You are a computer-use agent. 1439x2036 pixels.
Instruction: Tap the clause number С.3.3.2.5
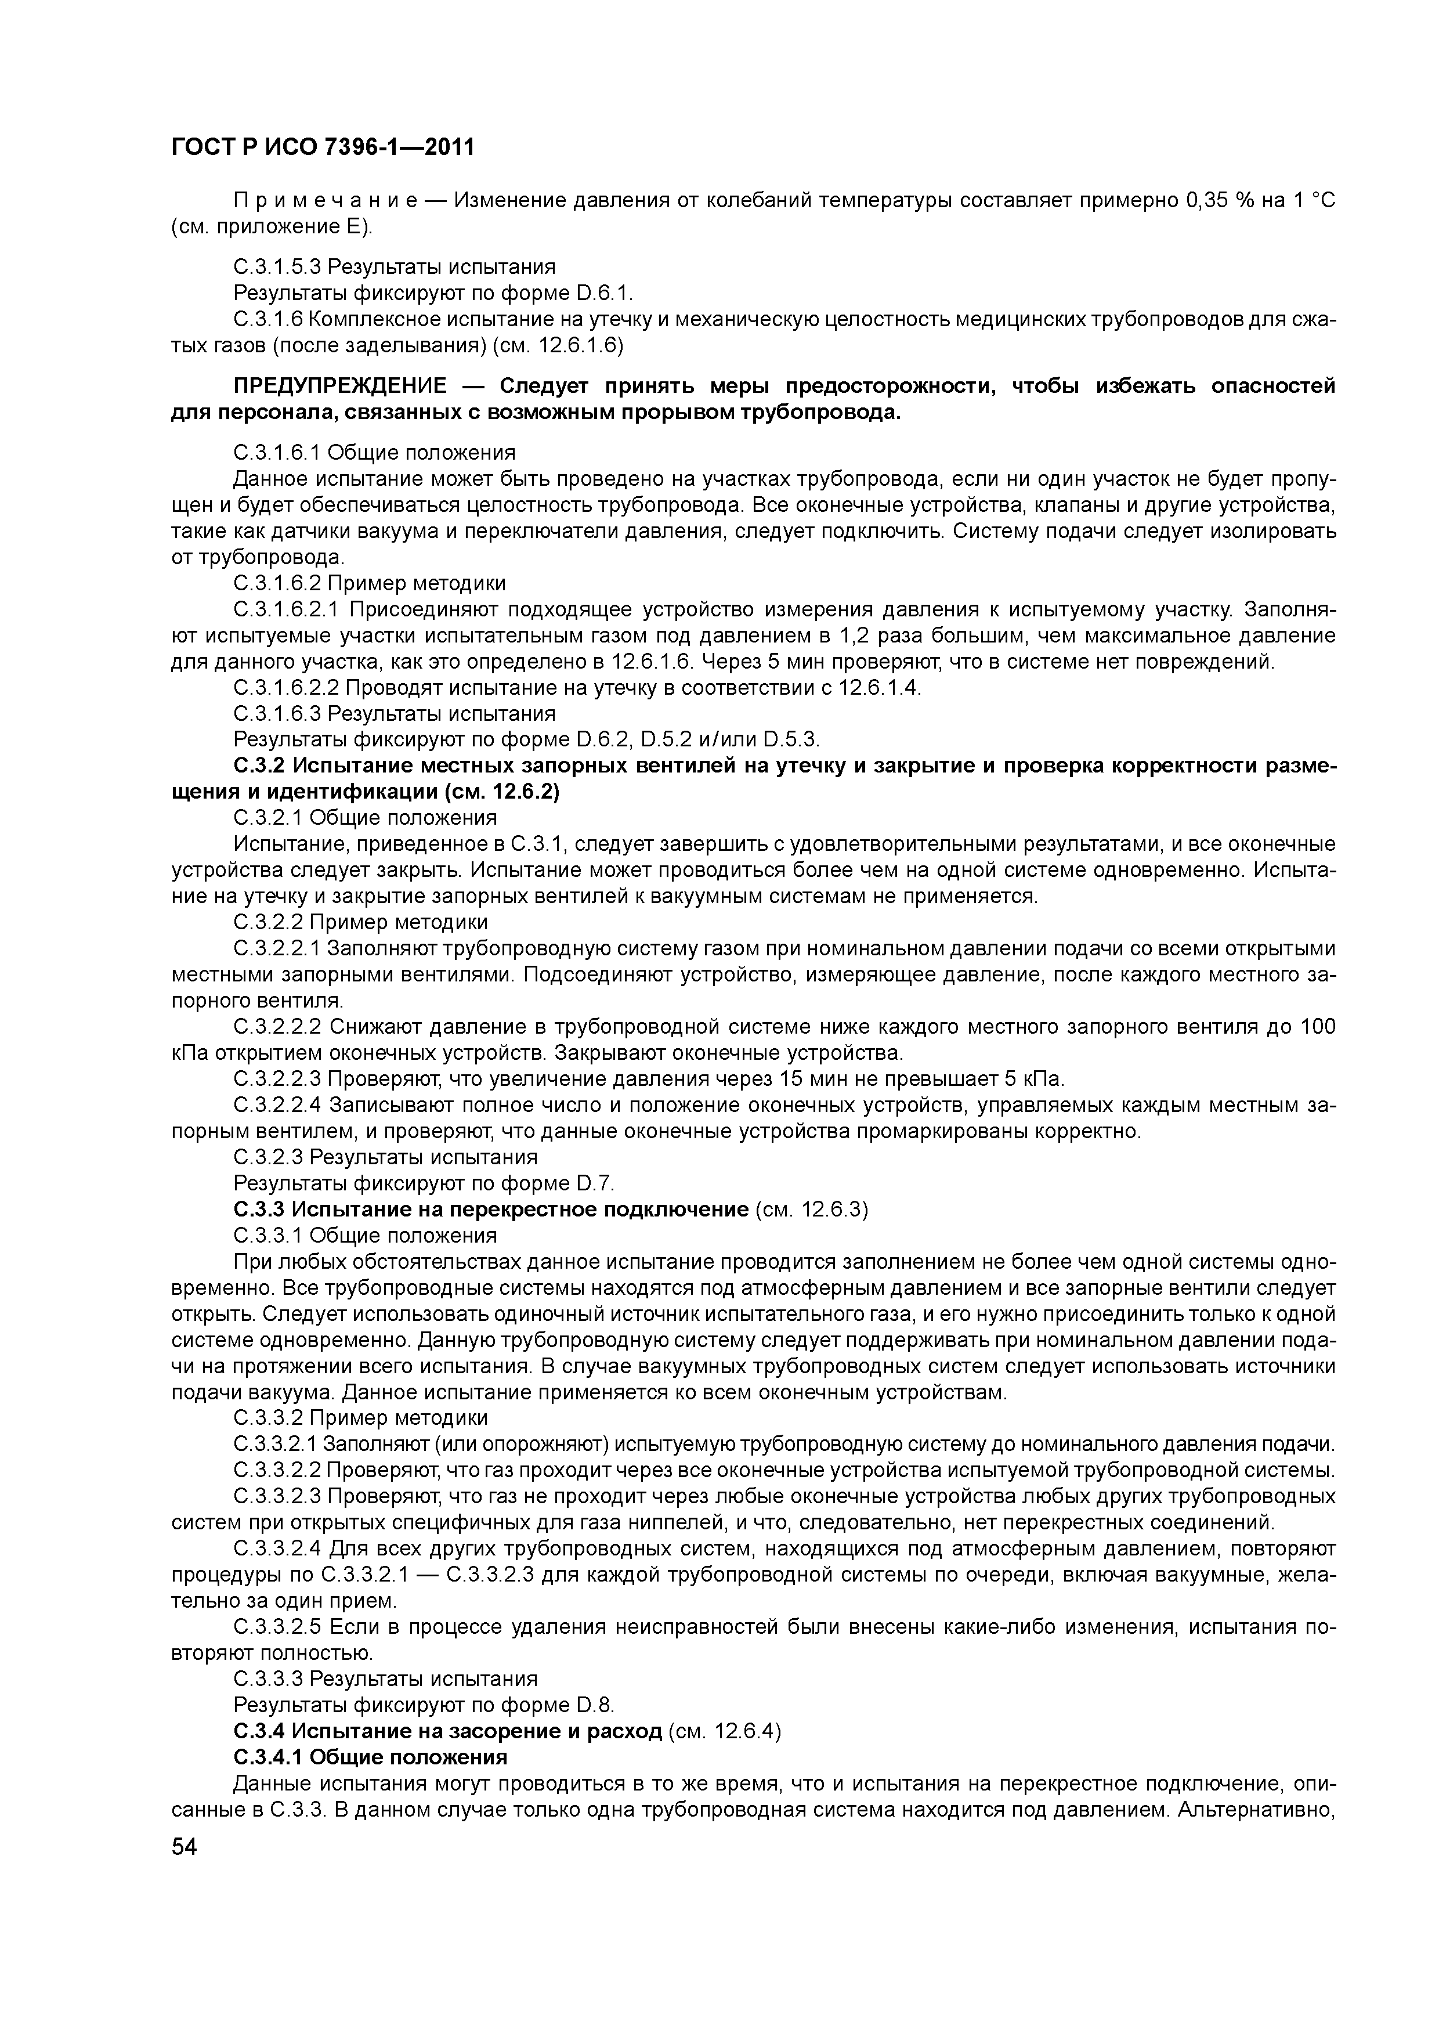click(277, 1627)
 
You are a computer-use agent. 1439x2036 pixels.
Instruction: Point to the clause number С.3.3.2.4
click(277, 1549)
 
